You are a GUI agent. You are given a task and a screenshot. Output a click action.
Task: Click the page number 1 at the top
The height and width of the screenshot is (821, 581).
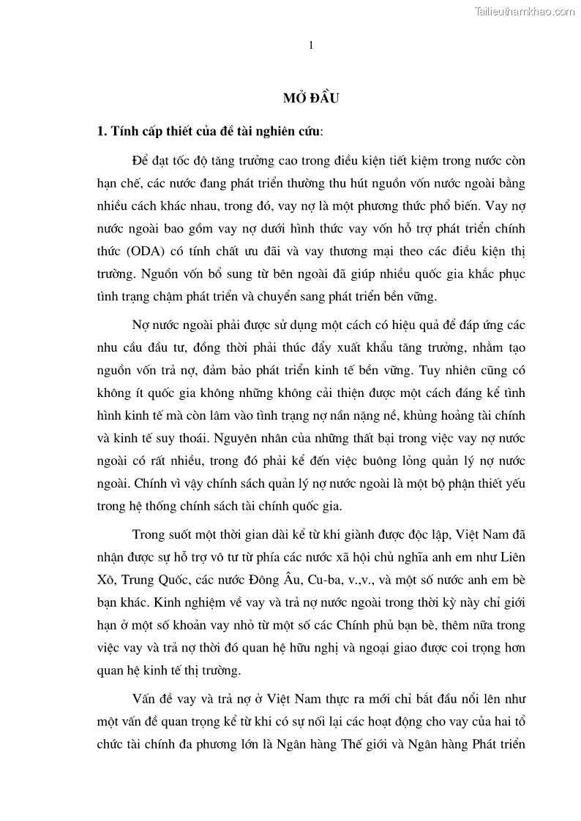pyautogui.click(x=311, y=45)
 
